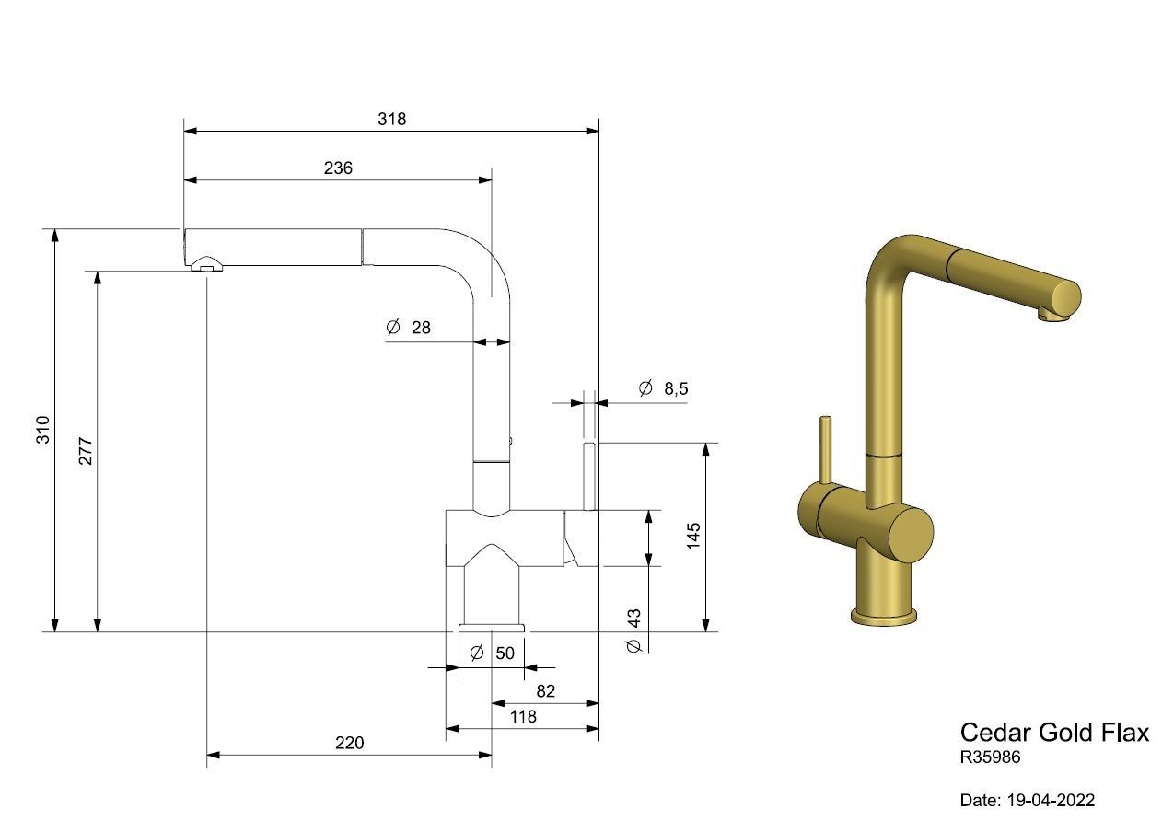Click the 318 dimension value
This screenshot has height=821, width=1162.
coord(391,120)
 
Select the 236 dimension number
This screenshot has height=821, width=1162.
coord(338,168)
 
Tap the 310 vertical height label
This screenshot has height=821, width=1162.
coord(42,430)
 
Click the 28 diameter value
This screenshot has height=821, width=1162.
coord(421,328)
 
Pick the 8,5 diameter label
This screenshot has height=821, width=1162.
coord(676,388)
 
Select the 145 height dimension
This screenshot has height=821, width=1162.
coord(693,536)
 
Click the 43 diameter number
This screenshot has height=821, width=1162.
coord(633,618)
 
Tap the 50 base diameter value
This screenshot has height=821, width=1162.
coord(505,653)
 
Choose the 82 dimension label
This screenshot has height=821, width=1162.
coord(546,691)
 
